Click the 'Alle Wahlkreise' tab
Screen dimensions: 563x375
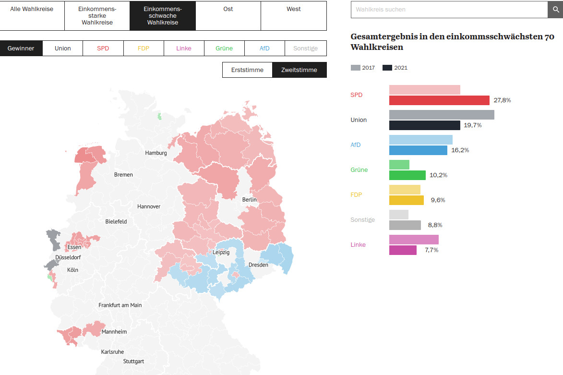32,16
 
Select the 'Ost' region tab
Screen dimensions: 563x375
228,16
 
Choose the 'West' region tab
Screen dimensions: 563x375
294,16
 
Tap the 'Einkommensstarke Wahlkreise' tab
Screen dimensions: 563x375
97,16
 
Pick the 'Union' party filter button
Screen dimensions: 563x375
62,48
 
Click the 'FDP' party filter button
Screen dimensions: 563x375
144,48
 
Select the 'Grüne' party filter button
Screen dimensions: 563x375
224,48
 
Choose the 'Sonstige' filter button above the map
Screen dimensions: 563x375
306,48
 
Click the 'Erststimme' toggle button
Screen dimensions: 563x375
247,70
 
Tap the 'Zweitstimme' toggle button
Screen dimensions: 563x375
299,70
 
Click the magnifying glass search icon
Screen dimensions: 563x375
555,9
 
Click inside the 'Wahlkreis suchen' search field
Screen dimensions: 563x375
449,9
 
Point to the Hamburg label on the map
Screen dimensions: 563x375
156,153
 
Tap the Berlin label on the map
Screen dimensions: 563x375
250,200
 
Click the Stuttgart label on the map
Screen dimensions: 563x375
133,362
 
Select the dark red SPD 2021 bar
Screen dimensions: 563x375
439,100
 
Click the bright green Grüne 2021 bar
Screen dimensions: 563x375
407,175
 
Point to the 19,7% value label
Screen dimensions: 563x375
472,125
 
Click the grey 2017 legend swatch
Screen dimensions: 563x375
356,68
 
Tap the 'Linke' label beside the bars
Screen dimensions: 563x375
358,244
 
